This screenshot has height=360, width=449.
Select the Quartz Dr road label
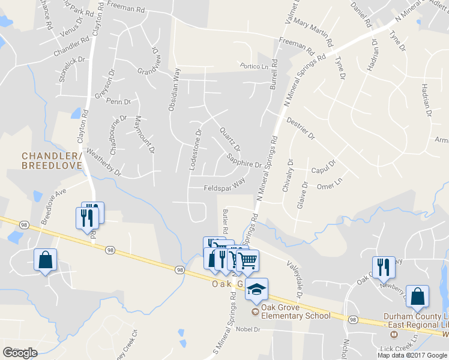230,139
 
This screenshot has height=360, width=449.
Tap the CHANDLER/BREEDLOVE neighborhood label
51,160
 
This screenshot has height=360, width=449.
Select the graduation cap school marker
256,290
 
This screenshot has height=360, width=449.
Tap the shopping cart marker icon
247,261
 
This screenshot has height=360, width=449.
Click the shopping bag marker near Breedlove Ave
46,260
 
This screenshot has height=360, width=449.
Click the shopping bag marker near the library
417,296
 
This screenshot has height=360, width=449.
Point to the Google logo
19,353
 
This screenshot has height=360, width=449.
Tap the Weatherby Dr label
104,163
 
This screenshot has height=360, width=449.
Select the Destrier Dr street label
301,128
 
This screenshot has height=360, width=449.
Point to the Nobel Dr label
248,329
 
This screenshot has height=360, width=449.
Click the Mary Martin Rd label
313,34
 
